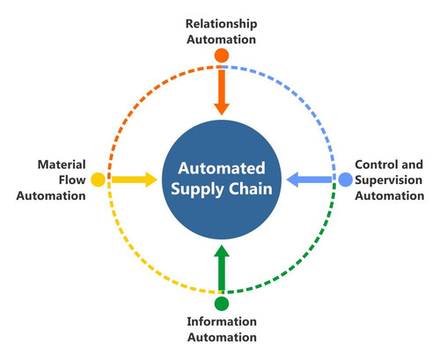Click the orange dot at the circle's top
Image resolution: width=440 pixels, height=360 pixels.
[222, 55]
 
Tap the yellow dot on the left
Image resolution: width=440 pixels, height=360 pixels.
[97, 179]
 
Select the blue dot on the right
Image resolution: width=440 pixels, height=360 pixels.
[346, 179]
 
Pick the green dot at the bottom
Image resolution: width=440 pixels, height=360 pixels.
[222, 303]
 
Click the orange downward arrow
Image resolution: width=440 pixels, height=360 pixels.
[222, 92]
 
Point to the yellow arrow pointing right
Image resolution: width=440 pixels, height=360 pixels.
[132, 179]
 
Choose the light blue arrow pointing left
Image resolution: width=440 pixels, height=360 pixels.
[310, 179]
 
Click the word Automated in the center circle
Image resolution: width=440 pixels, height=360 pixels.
[222, 167]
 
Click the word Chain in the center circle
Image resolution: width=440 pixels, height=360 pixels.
[247, 187]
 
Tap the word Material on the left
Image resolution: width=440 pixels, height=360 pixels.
[61, 164]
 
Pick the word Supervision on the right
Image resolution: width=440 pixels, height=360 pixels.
[388, 180]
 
